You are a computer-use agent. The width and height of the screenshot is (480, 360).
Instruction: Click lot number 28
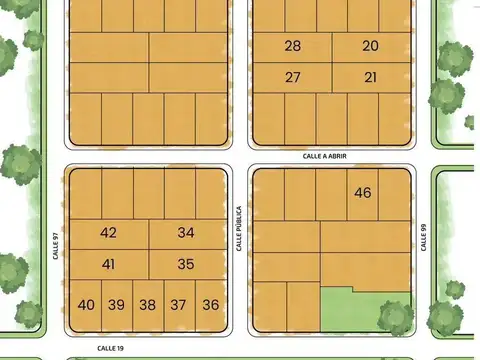tap(292, 46)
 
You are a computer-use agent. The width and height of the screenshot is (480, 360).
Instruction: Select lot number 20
tap(371, 46)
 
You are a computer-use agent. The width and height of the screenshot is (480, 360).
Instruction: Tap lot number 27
tap(292, 77)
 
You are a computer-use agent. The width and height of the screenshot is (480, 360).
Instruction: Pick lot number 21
tap(371, 77)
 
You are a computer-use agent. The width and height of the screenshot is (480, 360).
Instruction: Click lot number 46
tap(362, 193)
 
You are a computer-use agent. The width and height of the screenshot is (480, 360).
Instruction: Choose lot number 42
tap(109, 233)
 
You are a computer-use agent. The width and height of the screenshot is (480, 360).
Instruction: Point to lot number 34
tap(186, 233)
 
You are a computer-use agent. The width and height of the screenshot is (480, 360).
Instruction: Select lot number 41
tap(109, 265)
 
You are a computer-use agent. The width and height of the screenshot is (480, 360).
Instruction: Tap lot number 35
tap(186, 265)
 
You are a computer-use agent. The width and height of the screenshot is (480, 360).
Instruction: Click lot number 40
tap(86, 305)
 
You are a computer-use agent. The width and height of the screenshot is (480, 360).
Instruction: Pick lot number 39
tap(117, 305)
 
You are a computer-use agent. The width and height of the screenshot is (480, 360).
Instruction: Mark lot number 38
tap(148, 305)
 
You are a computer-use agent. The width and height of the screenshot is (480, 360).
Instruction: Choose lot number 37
tap(179, 305)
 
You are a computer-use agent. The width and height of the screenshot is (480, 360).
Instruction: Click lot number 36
tap(210, 305)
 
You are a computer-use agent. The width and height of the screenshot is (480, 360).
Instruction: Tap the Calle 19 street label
tap(110, 348)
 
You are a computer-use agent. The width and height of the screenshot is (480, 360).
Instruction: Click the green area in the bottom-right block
tap(365, 312)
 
